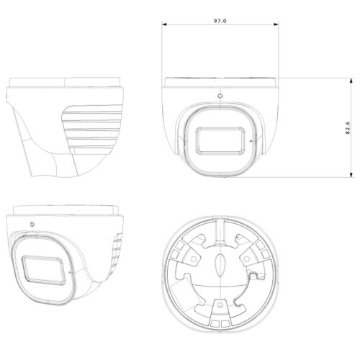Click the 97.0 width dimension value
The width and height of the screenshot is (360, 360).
220,22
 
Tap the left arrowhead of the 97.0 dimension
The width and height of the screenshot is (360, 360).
164,26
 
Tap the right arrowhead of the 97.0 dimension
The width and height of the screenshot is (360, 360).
277,26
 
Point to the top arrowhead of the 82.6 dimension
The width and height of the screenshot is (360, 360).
351,79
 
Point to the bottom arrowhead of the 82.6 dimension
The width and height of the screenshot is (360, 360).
351,176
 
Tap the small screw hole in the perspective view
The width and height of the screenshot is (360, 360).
32,224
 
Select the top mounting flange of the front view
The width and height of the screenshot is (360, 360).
220,81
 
